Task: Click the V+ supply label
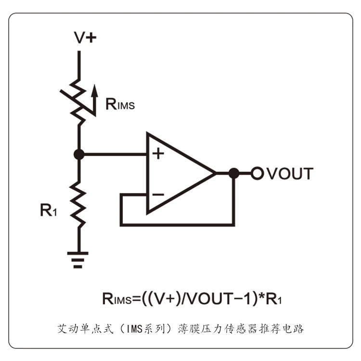[x=85, y=38]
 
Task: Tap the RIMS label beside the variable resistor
[x=120, y=104]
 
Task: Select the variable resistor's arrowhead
[x=94, y=90]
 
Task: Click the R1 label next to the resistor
[x=48, y=210]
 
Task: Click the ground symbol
[x=78, y=260]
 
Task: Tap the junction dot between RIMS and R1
[x=79, y=154]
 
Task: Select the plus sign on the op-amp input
[x=158, y=154]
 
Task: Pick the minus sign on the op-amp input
[x=158, y=195]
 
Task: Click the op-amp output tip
[x=216, y=173]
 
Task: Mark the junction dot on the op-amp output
[x=234, y=173]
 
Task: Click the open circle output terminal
[x=257, y=173]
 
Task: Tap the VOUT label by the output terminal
[x=290, y=174]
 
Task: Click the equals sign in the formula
[x=136, y=299]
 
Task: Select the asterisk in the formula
[x=262, y=296]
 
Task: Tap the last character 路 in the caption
[x=299, y=329]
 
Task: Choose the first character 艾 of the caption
[x=62, y=329]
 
